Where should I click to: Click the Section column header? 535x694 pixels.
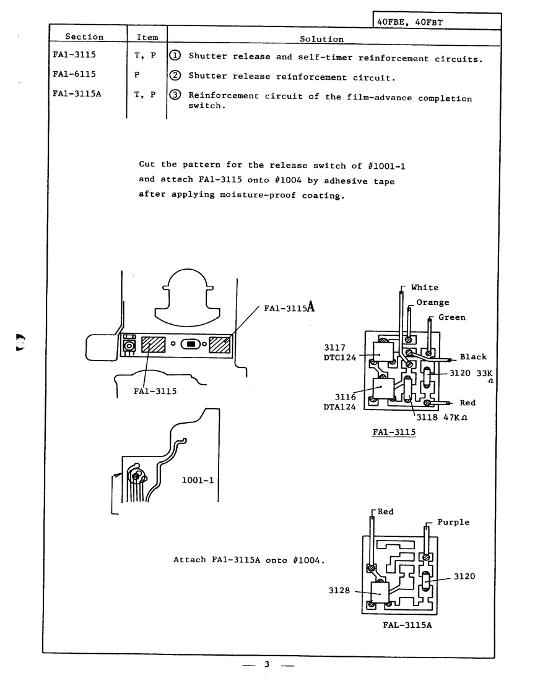84,38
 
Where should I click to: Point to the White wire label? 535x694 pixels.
424,288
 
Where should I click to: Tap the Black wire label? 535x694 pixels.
473,357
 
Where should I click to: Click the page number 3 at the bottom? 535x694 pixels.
267,665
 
